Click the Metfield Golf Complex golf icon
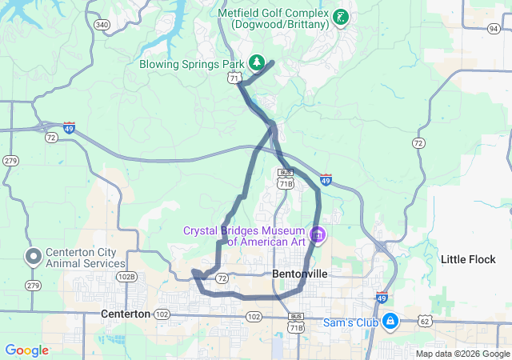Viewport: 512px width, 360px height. (x=341, y=17)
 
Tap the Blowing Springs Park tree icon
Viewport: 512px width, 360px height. (x=257, y=62)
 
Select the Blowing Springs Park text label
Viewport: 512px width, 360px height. (x=192, y=63)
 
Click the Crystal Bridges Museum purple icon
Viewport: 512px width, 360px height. (x=318, y=235)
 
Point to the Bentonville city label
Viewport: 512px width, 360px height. (x=300, y=273)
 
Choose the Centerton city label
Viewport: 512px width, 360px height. (x=126, y=314)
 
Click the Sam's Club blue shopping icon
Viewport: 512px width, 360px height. (x=390, y=322)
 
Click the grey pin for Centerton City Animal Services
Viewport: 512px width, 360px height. (x=33, y=258)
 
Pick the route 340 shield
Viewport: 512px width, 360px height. (x=102, y=25)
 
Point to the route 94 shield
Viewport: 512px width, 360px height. (x=494, y=29)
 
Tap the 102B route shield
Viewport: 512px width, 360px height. (x=126, y=277)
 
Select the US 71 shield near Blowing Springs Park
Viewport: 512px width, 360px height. (x=233, y=78)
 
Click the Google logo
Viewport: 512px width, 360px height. (x=26, y=350)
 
